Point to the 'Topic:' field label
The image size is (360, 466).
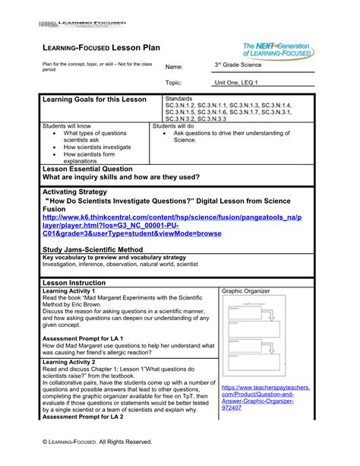click(175, 82)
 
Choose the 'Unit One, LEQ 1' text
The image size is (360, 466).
click(237, 82)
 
